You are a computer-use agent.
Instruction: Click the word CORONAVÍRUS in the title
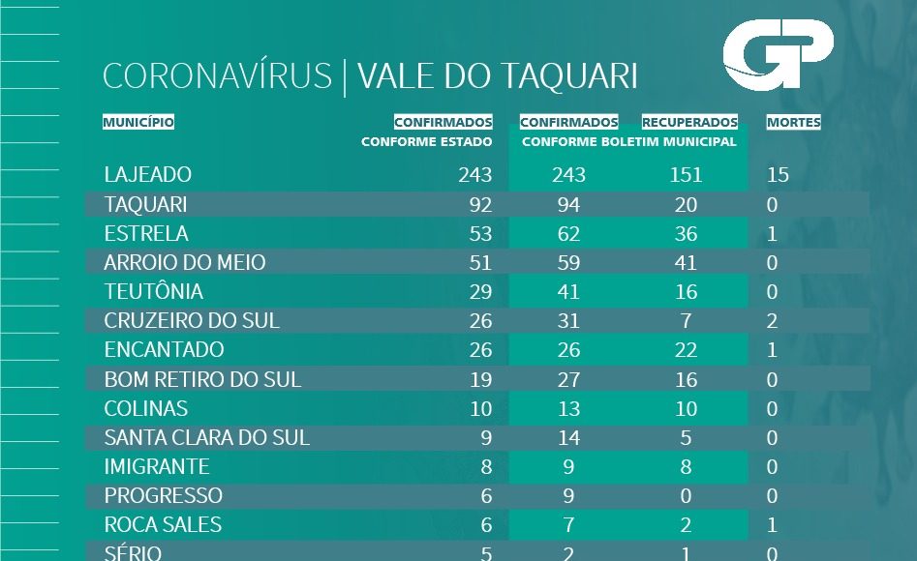coord(217,76)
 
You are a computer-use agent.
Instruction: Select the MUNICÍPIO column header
coord(138,123)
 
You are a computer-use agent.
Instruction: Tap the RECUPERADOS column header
coord(689,123)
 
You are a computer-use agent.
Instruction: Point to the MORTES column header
coord(793,123)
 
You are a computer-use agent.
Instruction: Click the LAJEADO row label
coord(148,175)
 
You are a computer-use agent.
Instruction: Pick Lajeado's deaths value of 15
coord(778,175)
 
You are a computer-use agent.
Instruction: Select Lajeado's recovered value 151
coord(685,175)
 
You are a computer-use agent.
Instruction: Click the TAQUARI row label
coord(145,205)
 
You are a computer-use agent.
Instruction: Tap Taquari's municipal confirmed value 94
coord(568,205)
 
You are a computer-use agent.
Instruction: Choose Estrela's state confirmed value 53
coord(477,234)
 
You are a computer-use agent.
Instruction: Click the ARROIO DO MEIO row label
coord(185,263)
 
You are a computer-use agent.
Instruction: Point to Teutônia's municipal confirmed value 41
coord(568,292)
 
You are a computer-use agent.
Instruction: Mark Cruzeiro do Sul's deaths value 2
coord(772,321)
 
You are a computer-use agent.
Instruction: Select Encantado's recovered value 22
coord(685,350)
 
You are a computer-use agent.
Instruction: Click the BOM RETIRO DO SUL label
coord(202,379)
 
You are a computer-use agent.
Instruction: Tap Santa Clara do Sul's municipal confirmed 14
coord(568,438)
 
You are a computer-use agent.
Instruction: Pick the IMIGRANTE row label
coord(157,467)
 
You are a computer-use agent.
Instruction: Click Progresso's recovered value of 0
coord(685,496)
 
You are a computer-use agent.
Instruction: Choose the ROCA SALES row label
coord(163,525)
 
